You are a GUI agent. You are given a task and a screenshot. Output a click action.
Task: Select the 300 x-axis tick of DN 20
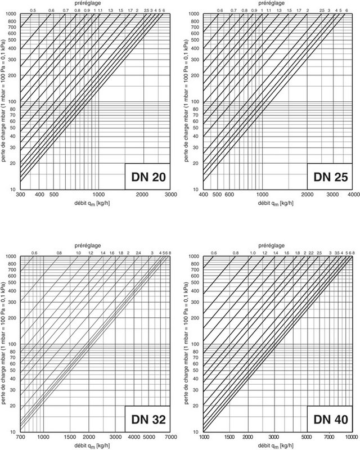pos(20,194)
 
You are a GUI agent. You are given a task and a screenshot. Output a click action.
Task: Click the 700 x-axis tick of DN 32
pos(20,437)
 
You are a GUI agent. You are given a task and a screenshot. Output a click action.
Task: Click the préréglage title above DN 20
pos(92,4)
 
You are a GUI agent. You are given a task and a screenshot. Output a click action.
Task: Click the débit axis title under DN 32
pos(92,445)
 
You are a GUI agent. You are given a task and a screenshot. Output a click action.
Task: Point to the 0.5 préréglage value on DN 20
pos(33,11)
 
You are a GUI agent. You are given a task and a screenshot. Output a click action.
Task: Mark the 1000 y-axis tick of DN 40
pos(195,257)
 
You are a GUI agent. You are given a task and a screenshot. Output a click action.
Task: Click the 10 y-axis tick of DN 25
pos(197,189)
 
